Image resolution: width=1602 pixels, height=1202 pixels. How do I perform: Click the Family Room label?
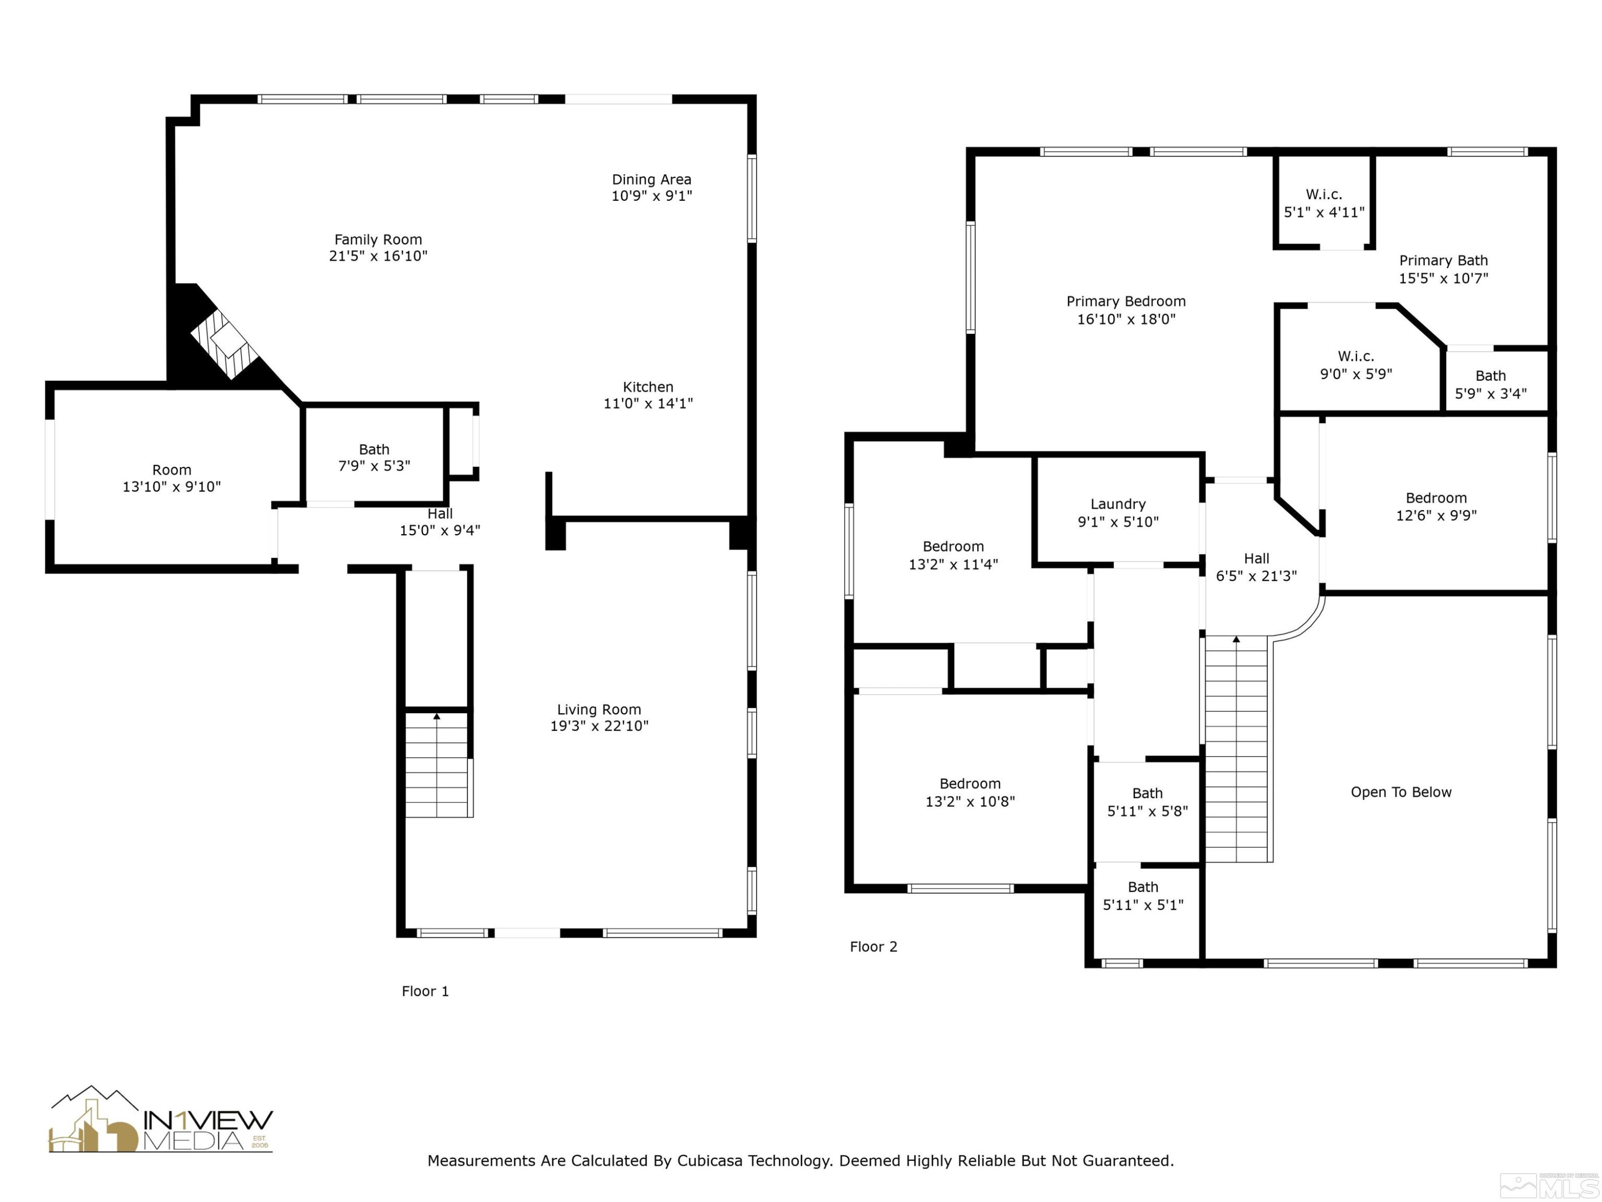(x=378, y=240)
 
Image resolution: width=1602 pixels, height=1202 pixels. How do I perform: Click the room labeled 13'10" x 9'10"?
(x=171, y=478)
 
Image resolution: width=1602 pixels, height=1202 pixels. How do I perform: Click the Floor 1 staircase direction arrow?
(x=437, y=716)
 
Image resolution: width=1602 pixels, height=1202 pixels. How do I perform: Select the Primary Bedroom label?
(x=1126, y=301)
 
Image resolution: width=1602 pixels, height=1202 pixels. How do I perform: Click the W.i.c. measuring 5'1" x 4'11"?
(x=1323, y=203)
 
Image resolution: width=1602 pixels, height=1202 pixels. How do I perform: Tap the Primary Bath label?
(x=1443, y=261)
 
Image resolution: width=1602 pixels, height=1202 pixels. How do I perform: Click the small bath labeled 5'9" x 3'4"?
(x=1490, y=385)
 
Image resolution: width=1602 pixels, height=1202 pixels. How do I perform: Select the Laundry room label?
(x=1118, y=504)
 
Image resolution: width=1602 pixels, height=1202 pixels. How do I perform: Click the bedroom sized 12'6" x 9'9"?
(x=1435, y=506)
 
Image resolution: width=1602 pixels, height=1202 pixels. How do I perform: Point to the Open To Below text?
(x=1400, y=792)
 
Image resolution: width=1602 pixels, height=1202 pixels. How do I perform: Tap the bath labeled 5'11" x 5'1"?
(x=1142, y=895)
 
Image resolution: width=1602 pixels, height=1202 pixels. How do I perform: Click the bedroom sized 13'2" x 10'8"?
(x=970, y=792)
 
